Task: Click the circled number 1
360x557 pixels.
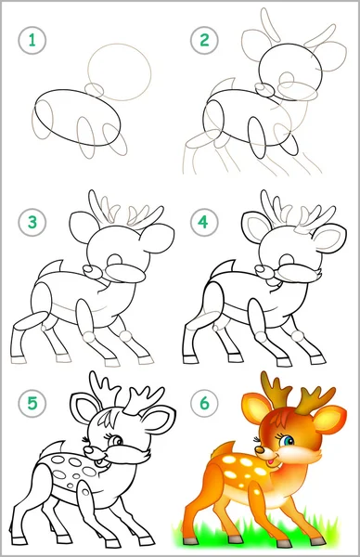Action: point(32,40)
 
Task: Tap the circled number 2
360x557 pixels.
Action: point(204,40)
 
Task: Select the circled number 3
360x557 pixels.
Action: point(32,223)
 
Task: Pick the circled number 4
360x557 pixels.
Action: point(204,223)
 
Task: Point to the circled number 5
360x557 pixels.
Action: point(32,403)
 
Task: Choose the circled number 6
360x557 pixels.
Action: point(204,403)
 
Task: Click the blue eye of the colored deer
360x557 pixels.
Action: point(289,441)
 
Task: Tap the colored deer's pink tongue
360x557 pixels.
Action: point(271,461)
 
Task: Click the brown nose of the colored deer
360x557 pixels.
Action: point(261,450)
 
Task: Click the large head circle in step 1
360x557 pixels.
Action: point(119,45)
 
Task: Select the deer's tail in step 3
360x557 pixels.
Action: point(50,269)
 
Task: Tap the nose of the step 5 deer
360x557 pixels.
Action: point(89,451)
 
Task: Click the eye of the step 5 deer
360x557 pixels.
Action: point(116,441)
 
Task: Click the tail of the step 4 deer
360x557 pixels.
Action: point(222,269)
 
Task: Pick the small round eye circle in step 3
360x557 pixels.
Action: point(115,259)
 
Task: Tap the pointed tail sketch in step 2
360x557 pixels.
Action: point(224,86)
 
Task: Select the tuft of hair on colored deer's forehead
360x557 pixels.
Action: point(279,420)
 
